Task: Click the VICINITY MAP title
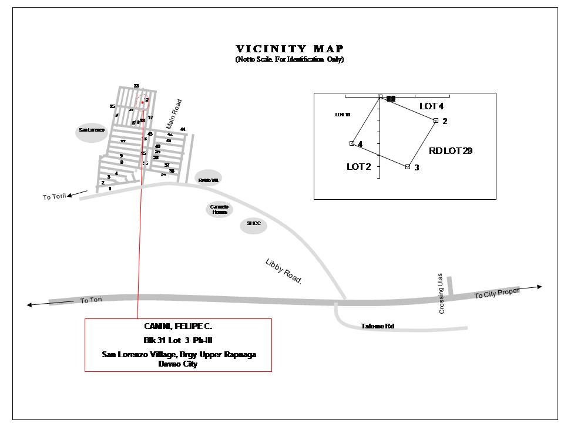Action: (x=290, y=49)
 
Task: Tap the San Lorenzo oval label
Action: (x=92, y=130)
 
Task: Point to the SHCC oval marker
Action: (x=254, y=224)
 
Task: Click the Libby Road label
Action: (x=283, y=272)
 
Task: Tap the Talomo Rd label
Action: (x=377, y=326)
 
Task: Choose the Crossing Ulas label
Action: (x=442, y=296)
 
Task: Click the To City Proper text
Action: (x=497, y=293)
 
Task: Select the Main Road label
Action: (x=174, y=114)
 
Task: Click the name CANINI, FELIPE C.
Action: (x=178, y=327)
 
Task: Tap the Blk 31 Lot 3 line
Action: (x=178, y=340)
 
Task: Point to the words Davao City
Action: (x=178, y=364)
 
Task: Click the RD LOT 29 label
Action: (x=451, y=151)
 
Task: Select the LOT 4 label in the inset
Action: (x=432, y=106)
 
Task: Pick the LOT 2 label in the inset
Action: (x=359, y=167)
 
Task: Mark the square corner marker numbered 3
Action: (x=407, y=167)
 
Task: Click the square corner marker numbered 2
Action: (x=436, y=120)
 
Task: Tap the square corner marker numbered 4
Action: (x=352, y=143)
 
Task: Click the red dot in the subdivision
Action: (x=142, y=102)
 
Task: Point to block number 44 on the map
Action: (x=183, y=129)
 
